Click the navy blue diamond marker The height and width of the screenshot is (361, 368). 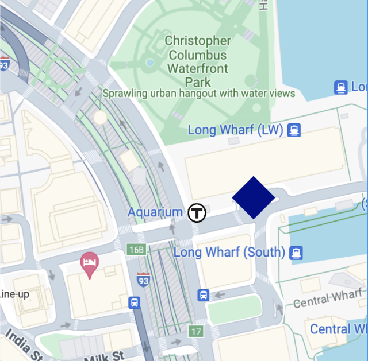[x=254, y=197]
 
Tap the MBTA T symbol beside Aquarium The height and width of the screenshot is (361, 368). [x=197, y=212]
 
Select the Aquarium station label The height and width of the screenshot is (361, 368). [x=155, y=212]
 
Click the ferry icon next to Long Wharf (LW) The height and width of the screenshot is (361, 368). [x=294, y=130]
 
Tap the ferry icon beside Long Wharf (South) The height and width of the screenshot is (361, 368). [x=296, y=253]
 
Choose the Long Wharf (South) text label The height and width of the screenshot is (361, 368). [x=229, y=253]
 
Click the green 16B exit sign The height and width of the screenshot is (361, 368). [x=136, y=250]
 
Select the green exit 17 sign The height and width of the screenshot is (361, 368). [x=196, y=331]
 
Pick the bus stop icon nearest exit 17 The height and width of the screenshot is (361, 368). [x=203, y=295]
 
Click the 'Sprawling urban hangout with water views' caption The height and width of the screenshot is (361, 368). [x=199, y=93]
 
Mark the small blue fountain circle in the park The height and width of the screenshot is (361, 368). [x=150, y=62]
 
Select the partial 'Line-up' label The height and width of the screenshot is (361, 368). [x=14, y=294]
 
